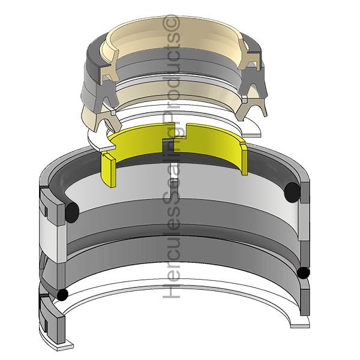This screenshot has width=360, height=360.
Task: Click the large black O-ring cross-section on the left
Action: (72, 212)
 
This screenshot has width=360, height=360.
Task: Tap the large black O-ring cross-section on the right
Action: (292, 193)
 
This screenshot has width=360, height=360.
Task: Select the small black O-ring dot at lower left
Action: (62, 295)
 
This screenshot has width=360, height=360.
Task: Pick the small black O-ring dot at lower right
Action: (303, 273)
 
